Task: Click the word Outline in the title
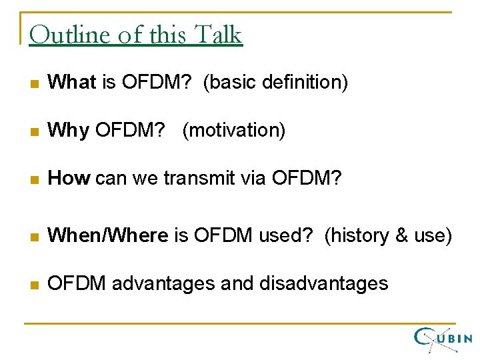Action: (x=69, y=34)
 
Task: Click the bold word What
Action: (x=73, y=83)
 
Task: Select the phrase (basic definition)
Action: (x=275, y=83)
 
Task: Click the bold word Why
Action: (x=69, y=131)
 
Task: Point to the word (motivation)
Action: (x=233, y=131)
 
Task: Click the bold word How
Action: (x=69, y=178)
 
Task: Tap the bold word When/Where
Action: (x=109, y=235)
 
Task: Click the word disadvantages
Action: (x=323, y=283)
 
